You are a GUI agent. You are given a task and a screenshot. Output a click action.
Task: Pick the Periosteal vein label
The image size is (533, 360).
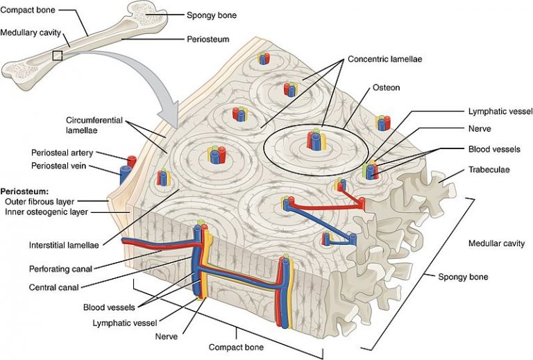(x=58, y=166)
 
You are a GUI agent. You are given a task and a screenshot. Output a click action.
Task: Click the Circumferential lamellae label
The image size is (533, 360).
(x=91, y=125)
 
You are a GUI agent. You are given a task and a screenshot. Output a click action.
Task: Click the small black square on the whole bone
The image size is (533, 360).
(x=58, y=55)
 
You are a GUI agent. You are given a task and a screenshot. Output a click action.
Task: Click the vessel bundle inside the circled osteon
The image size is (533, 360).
(x=316, y=141)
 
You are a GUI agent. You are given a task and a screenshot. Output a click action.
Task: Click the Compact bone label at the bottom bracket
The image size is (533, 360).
(x=230, y=345)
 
